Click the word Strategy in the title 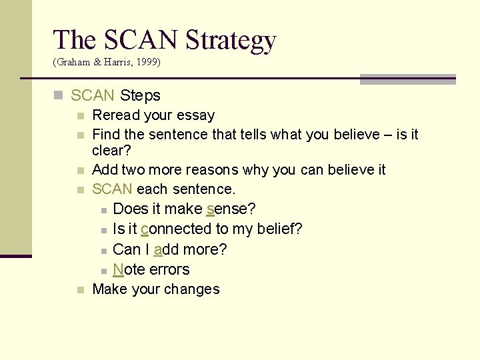click(x=231, y=40)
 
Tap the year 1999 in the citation click(x=148, y=62)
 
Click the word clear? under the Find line click(x=112, y=151)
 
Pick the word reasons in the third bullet click(x=217, y=170)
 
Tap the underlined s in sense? click(x=210, y=209)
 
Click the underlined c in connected click(x=145, y=229)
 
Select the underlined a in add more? click(x=158, y=249)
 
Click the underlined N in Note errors click(x=119, y=269)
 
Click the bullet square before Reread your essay click(x=80, y=116)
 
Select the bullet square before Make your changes click(x=80, y=290)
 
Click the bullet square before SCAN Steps click(x=59, y=96)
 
